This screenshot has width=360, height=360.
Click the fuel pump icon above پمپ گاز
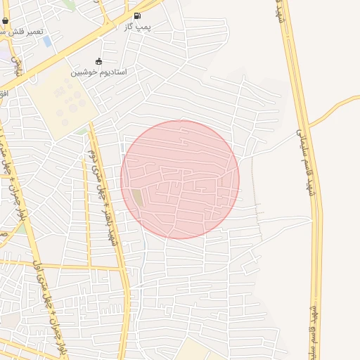coord(136,15)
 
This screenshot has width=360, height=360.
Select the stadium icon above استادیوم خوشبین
coord(98,61)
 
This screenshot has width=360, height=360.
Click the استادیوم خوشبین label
coord(98,72)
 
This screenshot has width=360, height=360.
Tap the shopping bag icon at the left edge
coord(6,21)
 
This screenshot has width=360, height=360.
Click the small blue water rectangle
coord(47,41)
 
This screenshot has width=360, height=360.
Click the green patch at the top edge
coord(69,4)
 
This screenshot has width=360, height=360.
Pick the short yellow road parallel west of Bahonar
coord(86,211)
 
